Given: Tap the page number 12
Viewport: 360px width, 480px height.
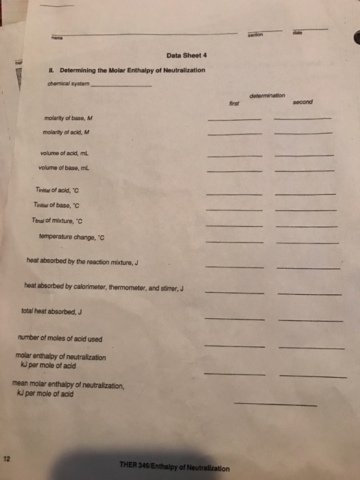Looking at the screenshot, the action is click(x=6, y=458).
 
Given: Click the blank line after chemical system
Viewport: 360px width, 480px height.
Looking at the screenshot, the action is click(x=121, y=85).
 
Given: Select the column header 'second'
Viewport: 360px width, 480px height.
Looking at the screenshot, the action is click(x=302, y=102).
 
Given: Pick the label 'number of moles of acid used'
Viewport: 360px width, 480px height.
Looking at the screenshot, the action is click(x=60, y=339).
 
